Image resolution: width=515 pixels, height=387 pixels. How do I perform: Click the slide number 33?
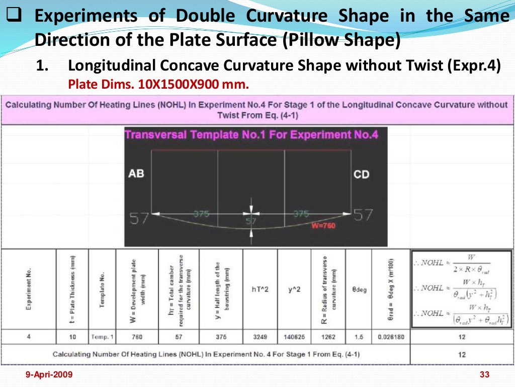(485, 374)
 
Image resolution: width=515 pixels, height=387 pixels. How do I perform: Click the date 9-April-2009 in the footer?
(49, 374)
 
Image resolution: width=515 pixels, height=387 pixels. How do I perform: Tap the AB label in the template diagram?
(136, 174)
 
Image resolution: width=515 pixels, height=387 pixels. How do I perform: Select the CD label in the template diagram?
(361, 175)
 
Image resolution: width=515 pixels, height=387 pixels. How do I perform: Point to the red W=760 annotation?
(323, 225)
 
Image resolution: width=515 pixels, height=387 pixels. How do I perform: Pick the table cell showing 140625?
(294, 337)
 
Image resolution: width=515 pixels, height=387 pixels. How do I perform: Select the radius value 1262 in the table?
(327, 337)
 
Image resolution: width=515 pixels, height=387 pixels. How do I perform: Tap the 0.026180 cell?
(391, 337)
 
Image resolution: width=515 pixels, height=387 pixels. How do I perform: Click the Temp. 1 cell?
(103, 337)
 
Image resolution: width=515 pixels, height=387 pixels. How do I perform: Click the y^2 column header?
(294, 290)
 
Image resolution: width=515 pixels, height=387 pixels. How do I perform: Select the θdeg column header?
(359, 290)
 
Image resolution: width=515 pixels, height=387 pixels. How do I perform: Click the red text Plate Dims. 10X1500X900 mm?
(158, 85)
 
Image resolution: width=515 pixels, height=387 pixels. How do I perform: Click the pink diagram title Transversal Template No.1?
(251, 135)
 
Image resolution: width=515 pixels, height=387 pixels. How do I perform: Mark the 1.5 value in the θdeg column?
(359, 337)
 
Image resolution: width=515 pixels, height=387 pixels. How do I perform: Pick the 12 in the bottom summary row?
(462, 354)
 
